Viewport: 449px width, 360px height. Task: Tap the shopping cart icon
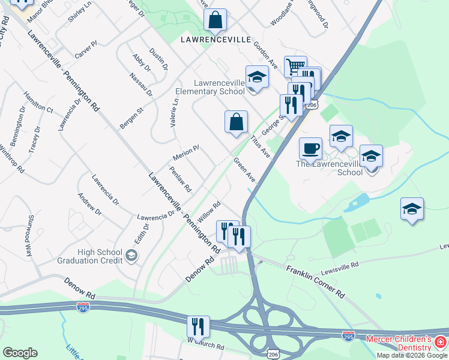pyautogui.click(x=295, y=66)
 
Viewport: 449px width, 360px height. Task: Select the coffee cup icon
pyautogui.click(x=310, y=148)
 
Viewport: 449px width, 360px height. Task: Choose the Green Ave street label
pyautogui.click(x=244, y=170)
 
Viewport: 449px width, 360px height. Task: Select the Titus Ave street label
pyautogui.click(x=260, y=146)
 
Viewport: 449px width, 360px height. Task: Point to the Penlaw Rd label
pyautogui.click(x=180, y=179)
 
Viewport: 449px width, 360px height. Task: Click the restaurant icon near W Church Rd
pyautogui.click(x=198, y=327)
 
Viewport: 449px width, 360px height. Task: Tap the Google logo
pyautogui.click(x=20, y=353)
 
